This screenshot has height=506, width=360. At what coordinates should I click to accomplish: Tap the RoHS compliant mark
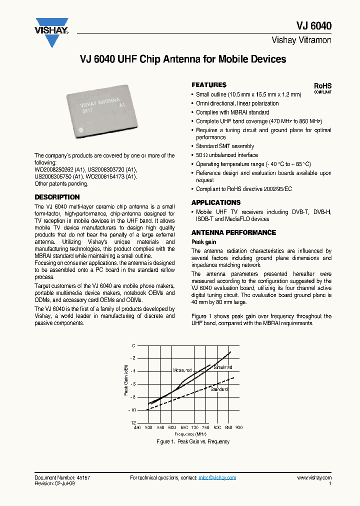(322, 88)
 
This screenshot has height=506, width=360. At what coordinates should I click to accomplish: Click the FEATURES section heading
(209, 85)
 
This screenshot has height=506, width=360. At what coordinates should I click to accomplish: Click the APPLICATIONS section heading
(216, 202)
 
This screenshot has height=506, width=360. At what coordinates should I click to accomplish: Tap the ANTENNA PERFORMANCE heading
(233, 232)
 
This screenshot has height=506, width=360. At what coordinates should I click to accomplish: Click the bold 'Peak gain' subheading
(204, 242)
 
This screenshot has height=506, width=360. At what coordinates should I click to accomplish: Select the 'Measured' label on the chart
(182, 370)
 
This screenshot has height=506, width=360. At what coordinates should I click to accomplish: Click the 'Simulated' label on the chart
(222, 367)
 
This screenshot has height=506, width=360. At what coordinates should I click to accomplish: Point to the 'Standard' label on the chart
(219, 389)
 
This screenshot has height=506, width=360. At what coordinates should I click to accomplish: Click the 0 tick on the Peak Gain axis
(133, 345)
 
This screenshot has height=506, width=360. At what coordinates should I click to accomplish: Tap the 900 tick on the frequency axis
(238, 428)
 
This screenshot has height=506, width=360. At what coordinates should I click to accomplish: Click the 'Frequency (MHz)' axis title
(188, 434)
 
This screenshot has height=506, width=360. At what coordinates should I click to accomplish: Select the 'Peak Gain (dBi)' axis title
(126, 380)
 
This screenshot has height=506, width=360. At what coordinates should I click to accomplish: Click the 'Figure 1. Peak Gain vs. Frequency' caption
(193, 442)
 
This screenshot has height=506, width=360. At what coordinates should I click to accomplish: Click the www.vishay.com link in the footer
(314, 478)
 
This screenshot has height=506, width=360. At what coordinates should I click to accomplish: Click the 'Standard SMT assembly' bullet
(225, 146)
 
